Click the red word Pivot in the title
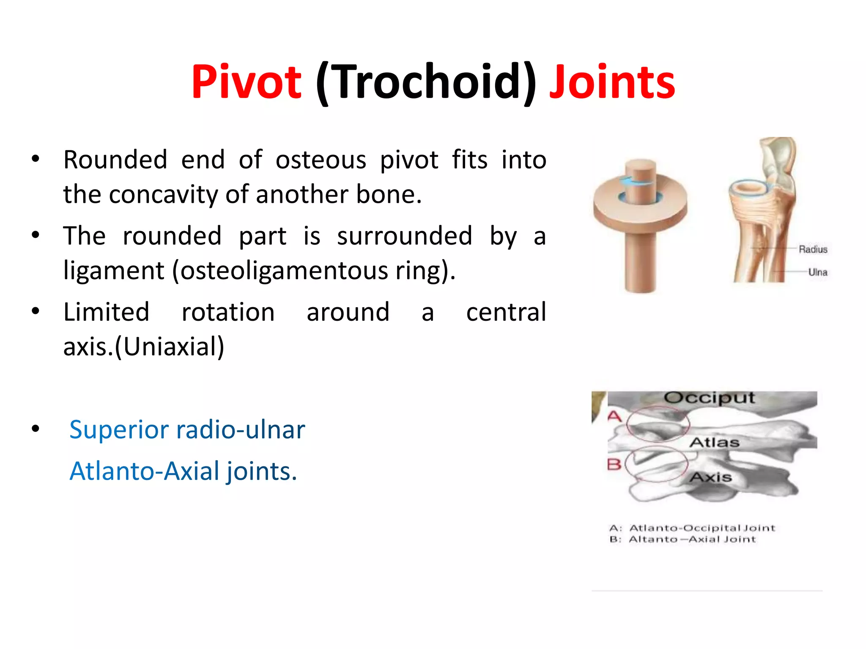[x=246, y=82]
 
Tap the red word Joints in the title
[x=612, y=82]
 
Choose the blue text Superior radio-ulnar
[x=187, y=429]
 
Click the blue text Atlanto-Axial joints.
[x=183, y=471]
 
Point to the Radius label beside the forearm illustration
[x=812, y=249]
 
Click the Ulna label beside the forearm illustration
[x=817, y=272]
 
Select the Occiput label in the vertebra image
[x=709, y=398]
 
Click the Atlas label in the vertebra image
[x=714, y=442]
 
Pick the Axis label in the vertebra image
[x=711, y=477]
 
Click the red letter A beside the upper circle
[x=614, y=416]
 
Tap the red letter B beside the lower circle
[x=614, y=464]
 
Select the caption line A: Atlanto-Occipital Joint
[x=692, y=528]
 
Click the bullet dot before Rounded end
[x=36, y=159]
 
